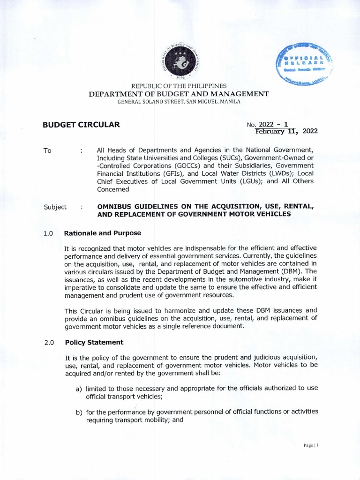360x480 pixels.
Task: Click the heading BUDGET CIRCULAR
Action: [82, 125]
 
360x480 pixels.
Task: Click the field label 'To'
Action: [47, 151]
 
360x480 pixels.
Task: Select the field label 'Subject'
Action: [55, 207]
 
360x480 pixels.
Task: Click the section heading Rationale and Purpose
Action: [103, 233]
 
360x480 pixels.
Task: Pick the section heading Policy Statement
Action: [94, 342]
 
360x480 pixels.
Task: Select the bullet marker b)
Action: [79, 412]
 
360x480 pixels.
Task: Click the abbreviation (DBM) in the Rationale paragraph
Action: [291, 271]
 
